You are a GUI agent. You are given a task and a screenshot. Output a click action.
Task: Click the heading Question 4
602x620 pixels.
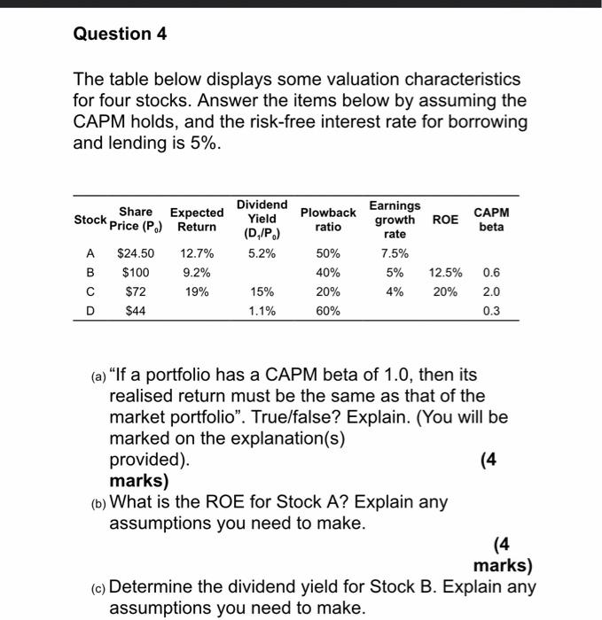coord(120,34)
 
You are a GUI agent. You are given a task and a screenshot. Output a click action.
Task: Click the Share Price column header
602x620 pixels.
coord(135,219)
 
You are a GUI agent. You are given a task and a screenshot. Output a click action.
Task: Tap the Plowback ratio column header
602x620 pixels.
coord(328,220)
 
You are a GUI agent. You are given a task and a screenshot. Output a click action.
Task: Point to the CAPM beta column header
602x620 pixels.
coord(491,220)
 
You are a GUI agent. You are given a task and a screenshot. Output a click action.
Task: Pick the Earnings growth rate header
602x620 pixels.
coord(395,219)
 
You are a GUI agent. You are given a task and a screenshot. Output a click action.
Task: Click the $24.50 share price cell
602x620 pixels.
coord(136,253)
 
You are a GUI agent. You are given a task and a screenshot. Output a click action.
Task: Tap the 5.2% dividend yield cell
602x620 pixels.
coord(262,253)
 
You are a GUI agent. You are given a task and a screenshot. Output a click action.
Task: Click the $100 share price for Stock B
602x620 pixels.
coord(136,272)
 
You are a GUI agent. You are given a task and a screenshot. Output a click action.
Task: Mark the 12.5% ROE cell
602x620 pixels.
coord(446,272)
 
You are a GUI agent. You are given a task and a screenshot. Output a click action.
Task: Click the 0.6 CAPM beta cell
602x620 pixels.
coord(491,272)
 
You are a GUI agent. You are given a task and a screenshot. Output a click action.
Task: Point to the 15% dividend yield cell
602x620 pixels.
coord(262,291)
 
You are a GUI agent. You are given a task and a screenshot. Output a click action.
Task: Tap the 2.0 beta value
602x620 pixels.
coord(491,291)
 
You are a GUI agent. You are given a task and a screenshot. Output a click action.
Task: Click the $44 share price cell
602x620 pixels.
coord(136,310)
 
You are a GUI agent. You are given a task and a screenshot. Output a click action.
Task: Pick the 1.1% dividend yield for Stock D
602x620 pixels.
coord(262,310)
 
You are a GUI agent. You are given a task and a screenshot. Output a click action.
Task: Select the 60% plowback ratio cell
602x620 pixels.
coord(328,310)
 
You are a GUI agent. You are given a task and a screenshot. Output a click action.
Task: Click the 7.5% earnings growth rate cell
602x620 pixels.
coord(395,253)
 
